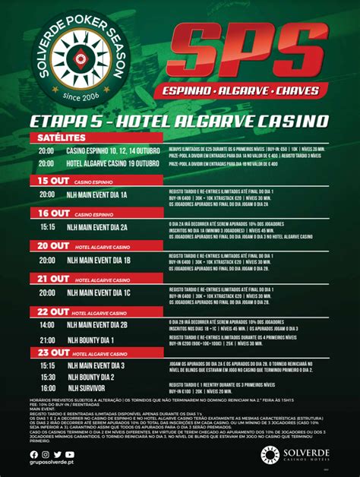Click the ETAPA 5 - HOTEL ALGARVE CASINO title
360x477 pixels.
pyautogui.click(x=179, y=122)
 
